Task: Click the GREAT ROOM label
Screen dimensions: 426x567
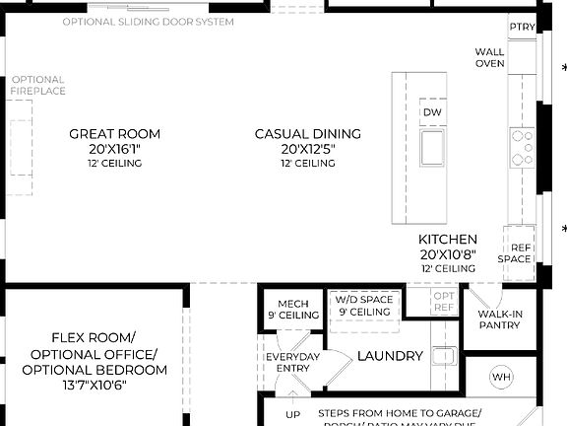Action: [x=114, y=134]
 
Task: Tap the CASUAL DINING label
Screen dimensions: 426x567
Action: [x=307, y=134]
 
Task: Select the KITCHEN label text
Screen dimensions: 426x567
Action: [x=448, y=240]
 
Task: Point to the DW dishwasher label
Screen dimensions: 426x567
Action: [x=432, y=113]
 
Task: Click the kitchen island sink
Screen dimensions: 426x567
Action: [x=432, y=149]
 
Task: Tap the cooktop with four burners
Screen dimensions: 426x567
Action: [x=522, y=148]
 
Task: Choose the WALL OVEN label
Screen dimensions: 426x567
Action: [x=490, y=57]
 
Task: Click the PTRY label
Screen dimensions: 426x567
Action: [x=523, y=28]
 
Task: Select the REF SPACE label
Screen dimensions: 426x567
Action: [x=520, y=253]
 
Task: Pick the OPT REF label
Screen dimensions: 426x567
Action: [x=445, y=302]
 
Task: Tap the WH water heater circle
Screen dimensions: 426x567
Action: [x=501, y=378]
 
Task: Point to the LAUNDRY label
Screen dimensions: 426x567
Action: [x=390, y=356]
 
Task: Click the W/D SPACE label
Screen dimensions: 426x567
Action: [x=363, y=300]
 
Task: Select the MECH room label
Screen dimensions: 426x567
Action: [x=293, y=304]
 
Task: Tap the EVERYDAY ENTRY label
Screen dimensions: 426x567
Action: [x=293, y=362]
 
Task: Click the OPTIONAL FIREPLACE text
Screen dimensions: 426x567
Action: [x=38, y=86]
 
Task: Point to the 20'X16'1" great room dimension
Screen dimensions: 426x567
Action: [x=114, y=149]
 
